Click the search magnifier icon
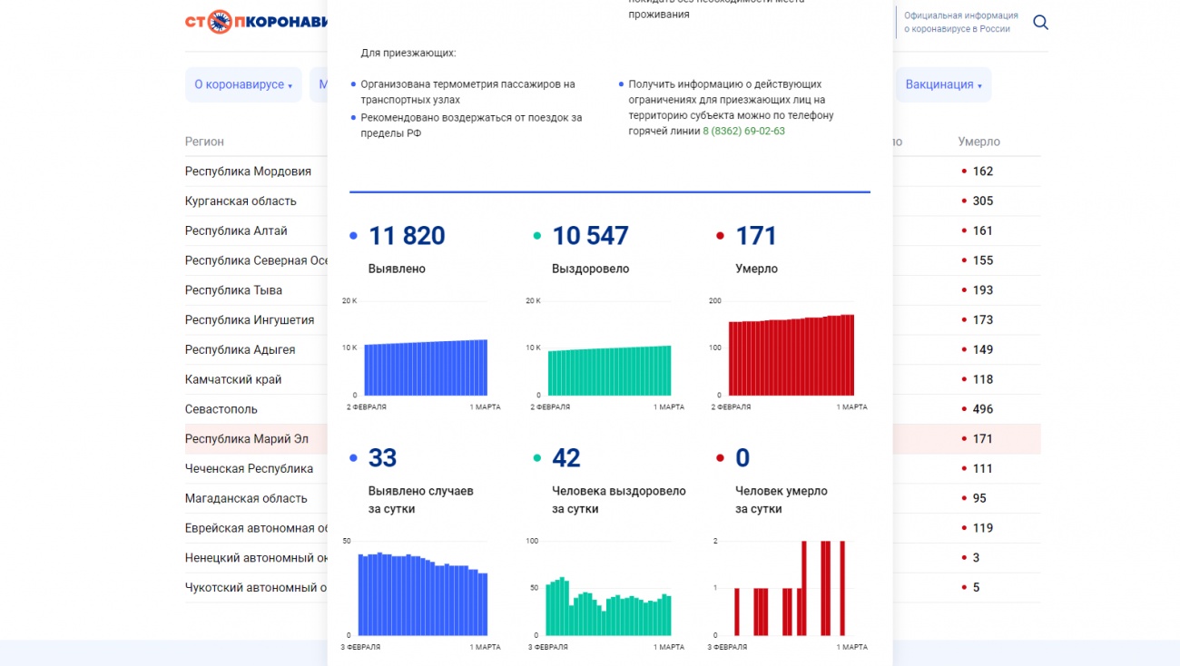[1040, 23]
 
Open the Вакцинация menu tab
[943, 84]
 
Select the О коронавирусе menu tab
[242, 84]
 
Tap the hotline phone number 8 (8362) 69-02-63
[743, 131]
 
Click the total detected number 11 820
[406, 236]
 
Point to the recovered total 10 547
[590, 236]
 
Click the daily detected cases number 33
[382, 458]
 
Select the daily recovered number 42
[565, 458]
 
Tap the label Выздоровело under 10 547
[590, 269]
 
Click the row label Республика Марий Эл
[247, 439]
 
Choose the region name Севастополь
[221, 409]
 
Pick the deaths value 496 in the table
[982, 409]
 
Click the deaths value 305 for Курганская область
[982, 201]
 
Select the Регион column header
[204, 142]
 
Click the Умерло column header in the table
[978, 142]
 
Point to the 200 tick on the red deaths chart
[714, 301]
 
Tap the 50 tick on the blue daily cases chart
[347, 541]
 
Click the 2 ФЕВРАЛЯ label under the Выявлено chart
[367, 407]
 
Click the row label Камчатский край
[233, 379]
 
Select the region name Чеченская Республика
[249, 469]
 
